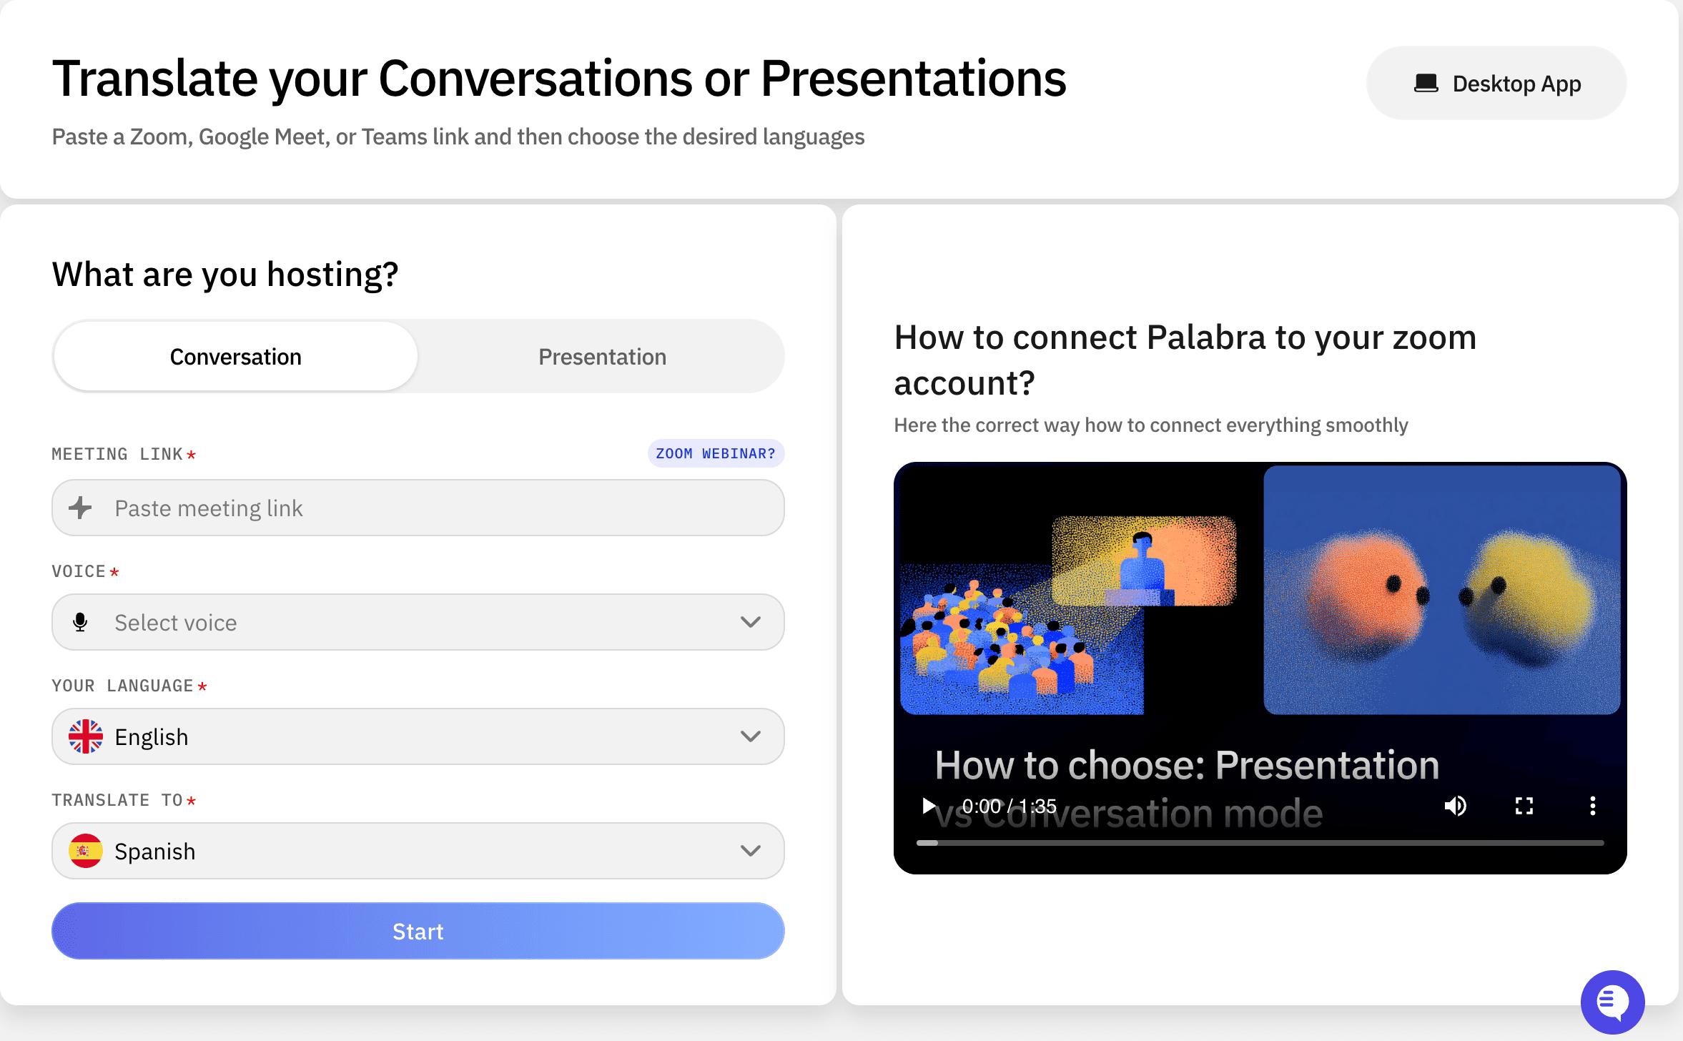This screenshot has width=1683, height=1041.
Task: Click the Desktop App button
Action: coord(1496,84)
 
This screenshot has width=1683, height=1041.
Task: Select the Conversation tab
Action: coord(236,356)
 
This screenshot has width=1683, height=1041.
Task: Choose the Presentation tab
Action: coord(602,356)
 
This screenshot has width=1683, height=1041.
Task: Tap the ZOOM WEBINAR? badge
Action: coord(716,453)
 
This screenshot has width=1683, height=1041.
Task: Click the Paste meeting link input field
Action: coord(418,508)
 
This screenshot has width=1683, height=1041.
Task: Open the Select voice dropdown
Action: coord(418,622)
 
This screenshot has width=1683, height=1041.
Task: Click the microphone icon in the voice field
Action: coord(80,622)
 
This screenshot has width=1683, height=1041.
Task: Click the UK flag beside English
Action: coord(86,736)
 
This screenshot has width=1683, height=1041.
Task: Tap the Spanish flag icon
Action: coord(86,851)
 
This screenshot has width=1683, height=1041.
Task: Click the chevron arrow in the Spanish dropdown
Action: coord(751,851)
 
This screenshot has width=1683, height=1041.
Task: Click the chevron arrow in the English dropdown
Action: coord(751,736)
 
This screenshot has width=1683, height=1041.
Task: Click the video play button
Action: coord(928,806)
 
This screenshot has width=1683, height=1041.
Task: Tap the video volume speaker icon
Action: coord(1455,806)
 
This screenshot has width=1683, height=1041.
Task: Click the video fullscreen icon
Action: coord(1524,806)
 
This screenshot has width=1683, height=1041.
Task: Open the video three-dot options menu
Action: coord(1592,806)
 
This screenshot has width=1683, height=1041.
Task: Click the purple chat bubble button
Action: coord(1612,1002)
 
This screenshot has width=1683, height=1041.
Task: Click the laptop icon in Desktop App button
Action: coord(1426,84)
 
